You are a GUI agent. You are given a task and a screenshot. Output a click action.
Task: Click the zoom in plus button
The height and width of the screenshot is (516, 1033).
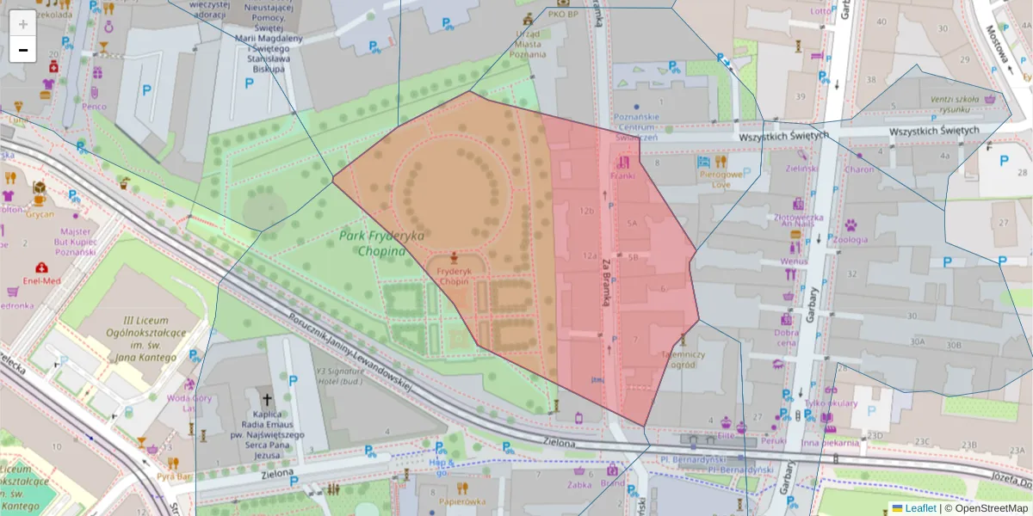(x=23, y=23)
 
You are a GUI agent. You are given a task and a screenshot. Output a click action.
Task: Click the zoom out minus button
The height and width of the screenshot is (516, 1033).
(x=23, y=50)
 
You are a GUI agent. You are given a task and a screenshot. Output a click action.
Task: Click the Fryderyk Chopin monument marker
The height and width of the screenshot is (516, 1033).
(x=454, y=256)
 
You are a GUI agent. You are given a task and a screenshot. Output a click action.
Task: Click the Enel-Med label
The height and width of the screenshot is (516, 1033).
(x=41, y=280)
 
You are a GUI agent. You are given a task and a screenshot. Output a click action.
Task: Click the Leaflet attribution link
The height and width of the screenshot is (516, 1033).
(x=920, y=508)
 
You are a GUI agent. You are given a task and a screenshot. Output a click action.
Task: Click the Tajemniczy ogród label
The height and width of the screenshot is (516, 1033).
(x=684, y=359)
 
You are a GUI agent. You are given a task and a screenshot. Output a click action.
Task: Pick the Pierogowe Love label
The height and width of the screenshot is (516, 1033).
(x=714, y=178)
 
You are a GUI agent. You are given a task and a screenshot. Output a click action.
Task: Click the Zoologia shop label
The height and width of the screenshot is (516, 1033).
(x=851, y=240)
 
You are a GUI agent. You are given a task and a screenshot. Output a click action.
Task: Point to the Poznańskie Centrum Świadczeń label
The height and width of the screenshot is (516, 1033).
(x=636, y=126)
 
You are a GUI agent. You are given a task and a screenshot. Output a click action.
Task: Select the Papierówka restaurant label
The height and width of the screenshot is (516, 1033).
(x=462, y=501)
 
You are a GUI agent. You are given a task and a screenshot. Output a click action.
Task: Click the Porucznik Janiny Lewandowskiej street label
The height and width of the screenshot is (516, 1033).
(x=349, y=350)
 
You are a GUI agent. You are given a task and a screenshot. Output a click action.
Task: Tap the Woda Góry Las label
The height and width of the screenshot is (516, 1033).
(x=189, y=402)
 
